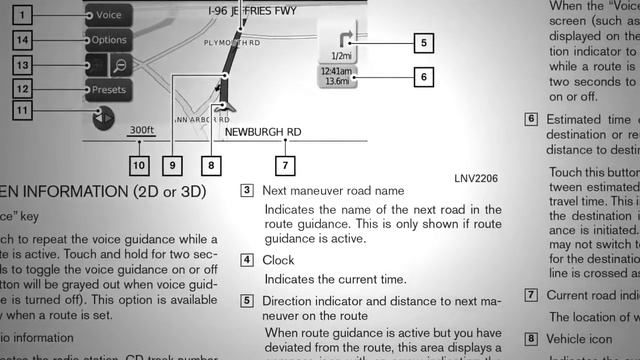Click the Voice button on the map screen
(x=108, y=15)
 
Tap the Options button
(x=108, y=40)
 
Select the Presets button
(x=108, y=89)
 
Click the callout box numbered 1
(x=24, y=15)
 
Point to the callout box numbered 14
(x=24, y=40)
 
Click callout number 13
(x=24, y=64)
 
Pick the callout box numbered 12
(x=24, y=88)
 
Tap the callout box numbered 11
(x=24, y=110)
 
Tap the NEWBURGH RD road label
(x=262, y=132)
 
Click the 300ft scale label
(x=141, y=130)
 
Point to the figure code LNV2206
(x=475, y=178)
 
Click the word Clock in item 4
(x=279, y=260)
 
